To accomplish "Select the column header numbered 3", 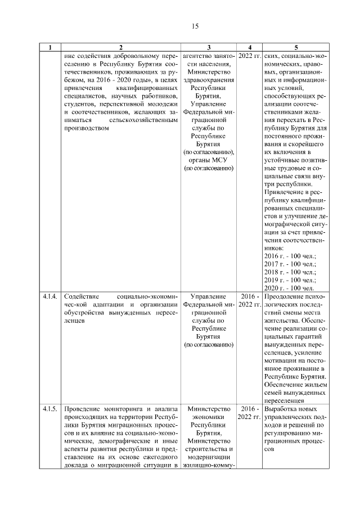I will (209, 48).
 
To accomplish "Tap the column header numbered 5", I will (296, 48).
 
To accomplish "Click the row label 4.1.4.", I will (49, 296).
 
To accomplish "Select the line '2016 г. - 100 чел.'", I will (290, 256).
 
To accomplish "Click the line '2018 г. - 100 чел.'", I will (290, 272).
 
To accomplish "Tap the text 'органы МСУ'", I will (209, 160).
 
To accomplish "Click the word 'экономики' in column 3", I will (209, 417).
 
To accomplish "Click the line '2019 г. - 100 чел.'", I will (290, 280).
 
